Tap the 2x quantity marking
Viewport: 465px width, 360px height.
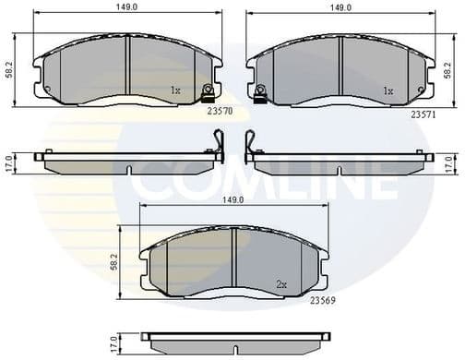(282, 284)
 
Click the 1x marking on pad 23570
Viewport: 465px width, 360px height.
(175, 91)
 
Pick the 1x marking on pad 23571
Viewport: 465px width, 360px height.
(388, 91)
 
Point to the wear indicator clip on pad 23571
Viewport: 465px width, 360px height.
(261, 90)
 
